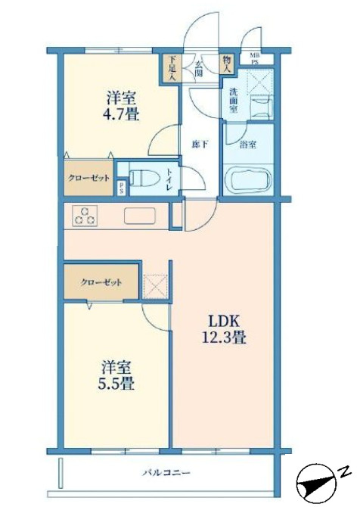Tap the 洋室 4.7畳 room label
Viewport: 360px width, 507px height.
121,106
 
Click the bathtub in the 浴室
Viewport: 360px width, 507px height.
248,181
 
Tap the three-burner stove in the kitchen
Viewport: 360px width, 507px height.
84,216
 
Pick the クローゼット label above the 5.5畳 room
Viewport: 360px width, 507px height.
101,283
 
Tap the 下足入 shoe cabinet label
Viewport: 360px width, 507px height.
172,67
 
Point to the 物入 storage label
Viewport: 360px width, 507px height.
226,64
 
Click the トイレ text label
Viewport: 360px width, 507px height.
170,178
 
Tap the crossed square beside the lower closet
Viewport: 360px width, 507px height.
155,285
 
